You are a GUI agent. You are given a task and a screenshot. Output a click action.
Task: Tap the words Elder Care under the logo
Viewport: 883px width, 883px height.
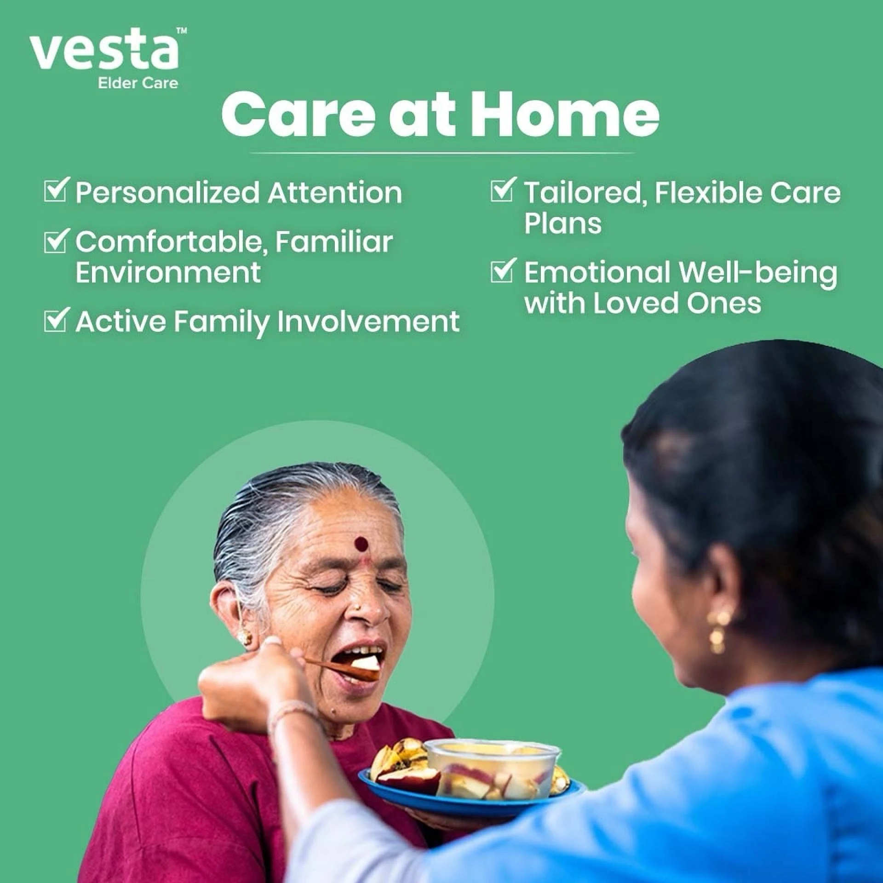pos(138,83)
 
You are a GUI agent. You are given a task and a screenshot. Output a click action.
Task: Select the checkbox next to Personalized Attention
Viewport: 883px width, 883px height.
pos(57,190)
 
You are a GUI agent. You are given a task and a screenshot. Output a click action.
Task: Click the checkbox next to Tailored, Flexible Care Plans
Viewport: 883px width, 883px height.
pos(503,190)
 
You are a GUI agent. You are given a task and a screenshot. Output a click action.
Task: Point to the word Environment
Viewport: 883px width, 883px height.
pos(168,272)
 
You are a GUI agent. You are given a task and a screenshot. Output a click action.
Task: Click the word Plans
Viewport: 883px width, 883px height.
pos(562,224)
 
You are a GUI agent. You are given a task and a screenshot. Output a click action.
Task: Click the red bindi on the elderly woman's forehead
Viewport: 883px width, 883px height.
pos(361,544)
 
